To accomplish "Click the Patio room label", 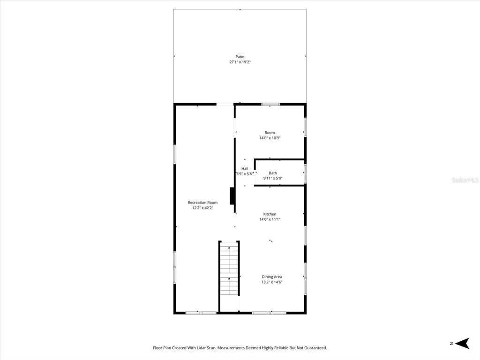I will tap(240, 57).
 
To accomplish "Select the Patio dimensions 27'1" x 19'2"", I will tap(240, 62).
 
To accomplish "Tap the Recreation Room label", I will tap(202, 202).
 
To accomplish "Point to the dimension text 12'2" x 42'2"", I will tap(202, 208).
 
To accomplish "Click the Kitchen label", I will tap(270, 214).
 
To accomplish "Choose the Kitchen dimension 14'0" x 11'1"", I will tap(270, 219).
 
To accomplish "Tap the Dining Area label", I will tap(271, 277).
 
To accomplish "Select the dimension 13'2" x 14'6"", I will tap(271, 282).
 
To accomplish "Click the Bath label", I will tap(273, 173).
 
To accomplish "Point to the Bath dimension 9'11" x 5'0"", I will tap(273, 178).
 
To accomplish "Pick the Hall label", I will tap(245, 168).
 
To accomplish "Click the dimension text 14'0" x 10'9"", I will tap(270, 138).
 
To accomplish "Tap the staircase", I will tap(229, 270).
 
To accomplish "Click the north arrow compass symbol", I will tap(463, 344).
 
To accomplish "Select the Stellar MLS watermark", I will tap(465, 180).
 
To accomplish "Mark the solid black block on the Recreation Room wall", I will tap(232, 196).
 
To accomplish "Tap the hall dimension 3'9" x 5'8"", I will tap(245, 173).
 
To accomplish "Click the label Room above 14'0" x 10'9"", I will tap(270, 133).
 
